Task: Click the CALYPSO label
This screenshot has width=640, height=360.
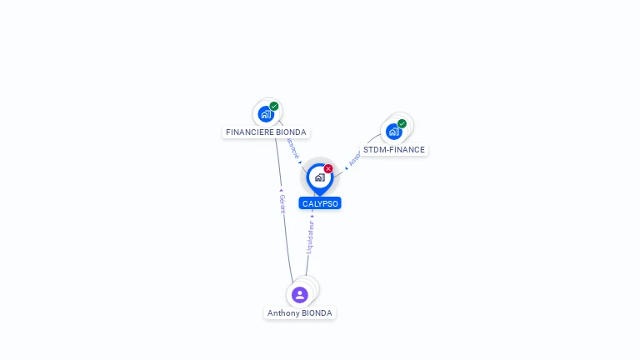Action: click(320, 203)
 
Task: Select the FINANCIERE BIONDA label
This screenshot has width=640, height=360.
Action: click(266, 132)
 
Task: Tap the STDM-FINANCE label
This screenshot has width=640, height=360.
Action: click(393, 150)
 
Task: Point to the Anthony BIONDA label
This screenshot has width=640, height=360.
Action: click(300, 313)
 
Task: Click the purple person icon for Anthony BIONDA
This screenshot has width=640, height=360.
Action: click(300, 294)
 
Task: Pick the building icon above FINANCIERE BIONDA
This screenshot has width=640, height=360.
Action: click(266, 113)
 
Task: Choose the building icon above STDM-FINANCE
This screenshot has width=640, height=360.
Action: click(393, 132)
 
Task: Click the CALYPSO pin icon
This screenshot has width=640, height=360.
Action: click(319, 177)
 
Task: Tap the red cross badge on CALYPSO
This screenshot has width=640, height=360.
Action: click(328, 169)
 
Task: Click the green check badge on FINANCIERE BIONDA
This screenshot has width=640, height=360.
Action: click(274, 106)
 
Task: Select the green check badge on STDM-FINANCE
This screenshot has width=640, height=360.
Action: click(402, 124)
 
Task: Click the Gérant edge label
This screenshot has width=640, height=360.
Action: click(282, 205)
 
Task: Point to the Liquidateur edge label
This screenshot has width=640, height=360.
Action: click(310, 237)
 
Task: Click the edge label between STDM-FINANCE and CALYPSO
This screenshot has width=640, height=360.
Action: click(353, 159)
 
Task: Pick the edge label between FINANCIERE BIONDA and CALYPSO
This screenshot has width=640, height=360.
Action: click(292, 147)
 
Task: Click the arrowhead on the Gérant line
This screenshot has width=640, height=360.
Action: click(282, 191)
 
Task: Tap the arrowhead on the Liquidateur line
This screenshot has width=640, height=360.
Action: click(312, 216)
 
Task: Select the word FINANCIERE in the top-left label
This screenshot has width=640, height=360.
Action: click(247, 132)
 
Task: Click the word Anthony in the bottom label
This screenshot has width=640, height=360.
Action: click(282, 313)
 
